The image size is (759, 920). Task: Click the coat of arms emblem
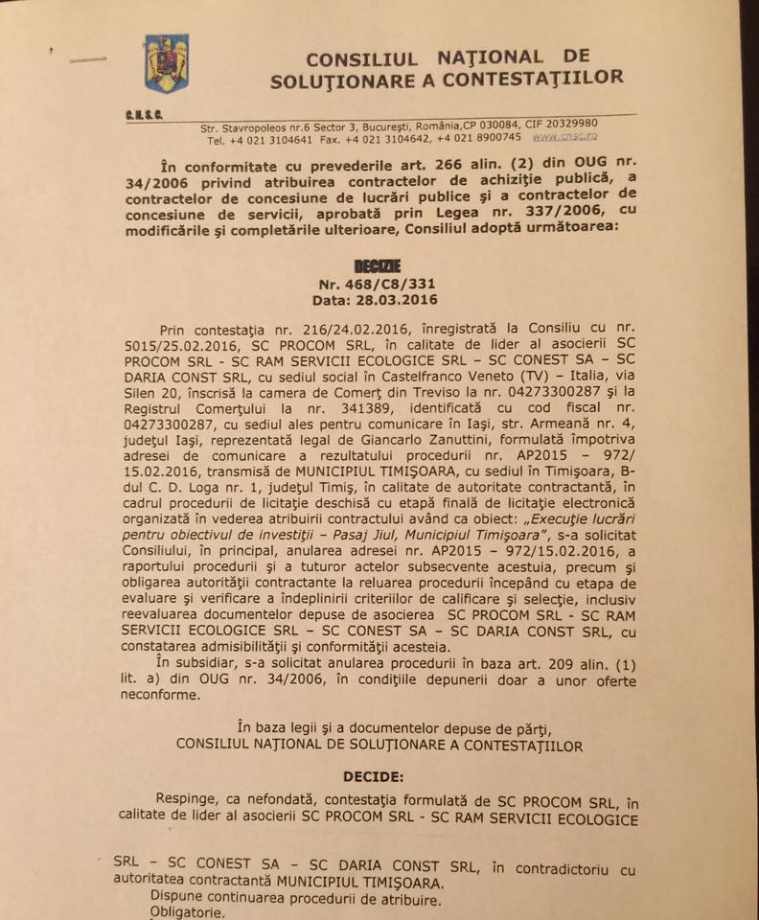pyautogui.click(x=166, y=63)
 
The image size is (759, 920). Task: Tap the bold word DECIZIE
pyautogui.click(x=377, y=265)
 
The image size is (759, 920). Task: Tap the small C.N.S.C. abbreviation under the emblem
pyautogui.click(x=144, y=116)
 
